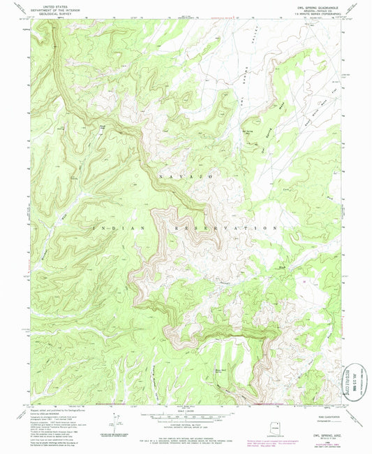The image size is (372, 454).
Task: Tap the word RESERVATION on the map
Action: tap(223, 228)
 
